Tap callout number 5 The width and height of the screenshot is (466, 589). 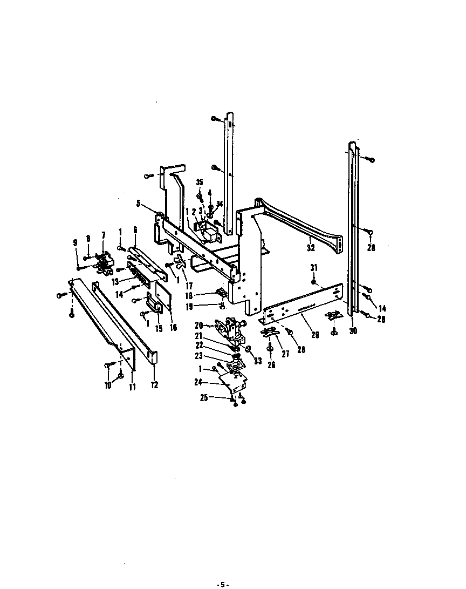(x=139, y=204)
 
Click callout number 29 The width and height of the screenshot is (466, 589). (x=314, y=335)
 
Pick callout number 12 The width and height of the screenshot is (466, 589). (x=154, y=385)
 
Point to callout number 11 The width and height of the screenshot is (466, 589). (x=132, y=387)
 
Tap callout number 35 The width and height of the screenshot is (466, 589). (x=199, y=182)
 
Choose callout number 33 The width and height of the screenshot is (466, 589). (x=258, y=361)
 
